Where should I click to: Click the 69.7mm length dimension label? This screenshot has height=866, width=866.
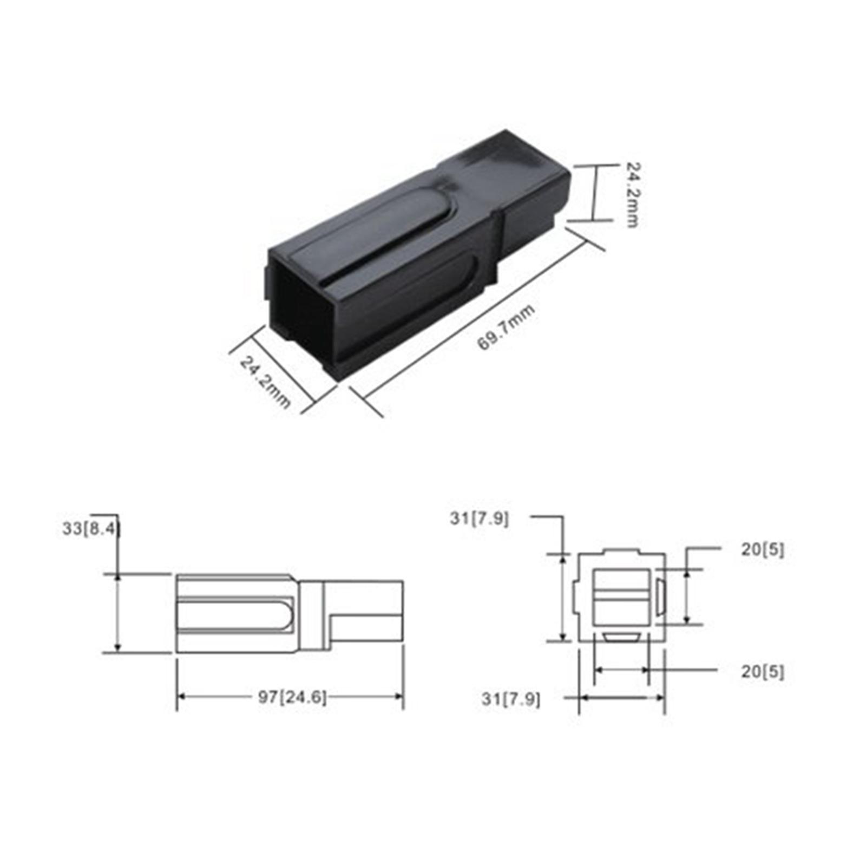506,328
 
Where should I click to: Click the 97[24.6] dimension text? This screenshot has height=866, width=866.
292,697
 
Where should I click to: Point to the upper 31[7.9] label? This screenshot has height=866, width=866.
479,519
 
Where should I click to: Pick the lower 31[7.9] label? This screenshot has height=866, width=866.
511,699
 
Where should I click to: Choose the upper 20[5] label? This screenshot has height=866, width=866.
762,550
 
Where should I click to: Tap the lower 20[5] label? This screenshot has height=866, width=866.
762,672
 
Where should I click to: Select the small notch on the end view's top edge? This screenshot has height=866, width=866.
621,552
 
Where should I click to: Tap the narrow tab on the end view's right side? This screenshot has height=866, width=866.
660,597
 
